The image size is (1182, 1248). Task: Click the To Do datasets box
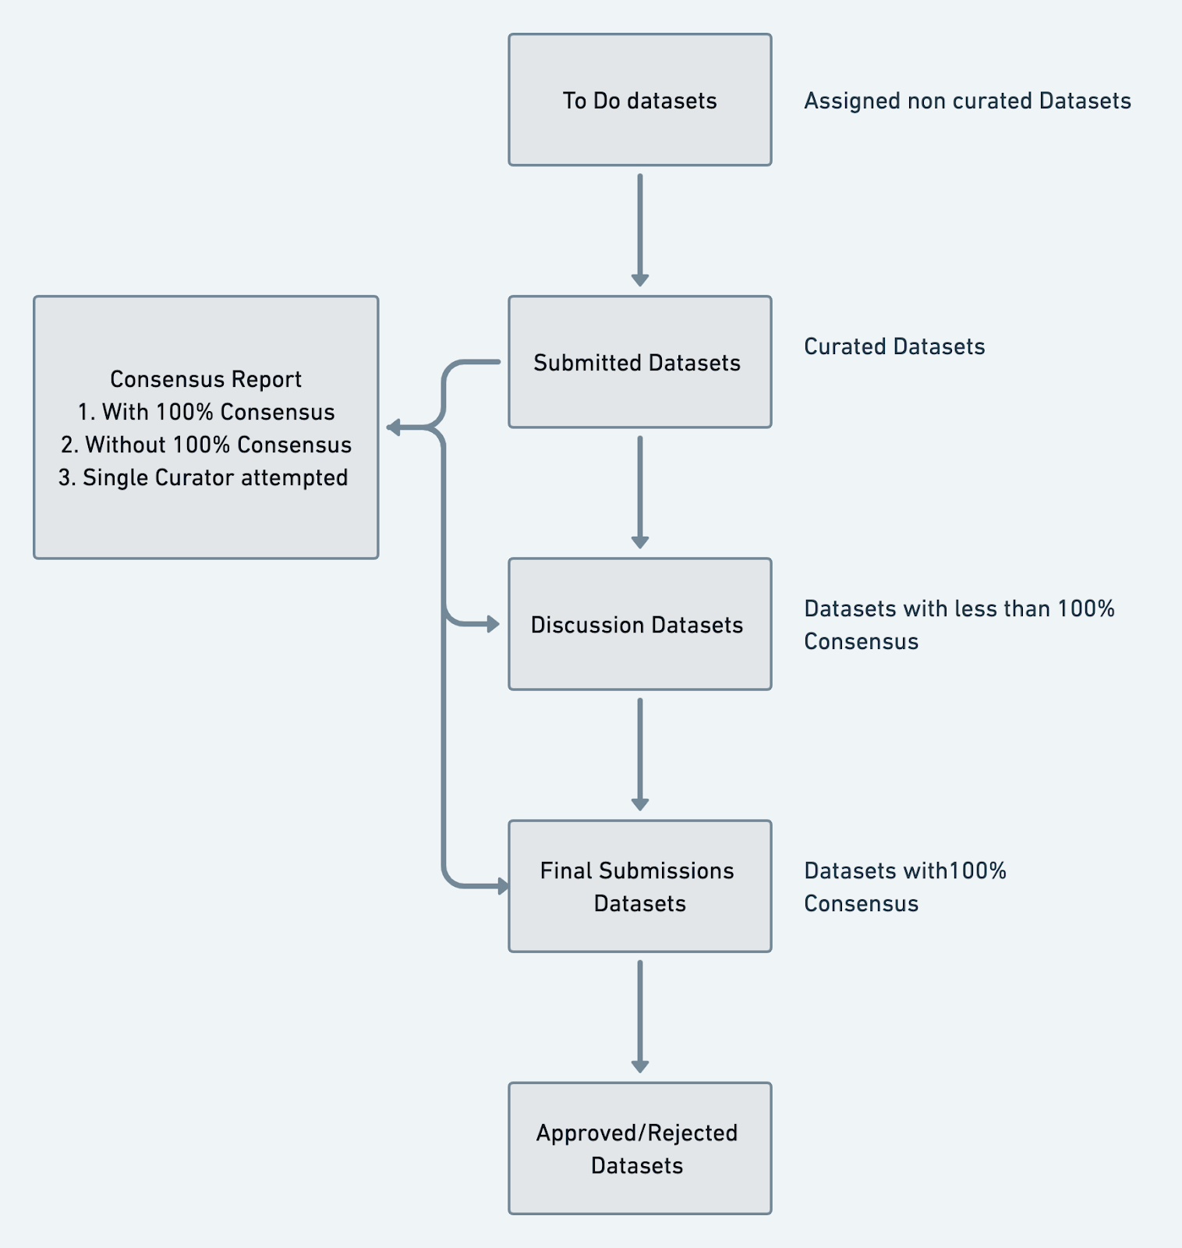coord(640,100)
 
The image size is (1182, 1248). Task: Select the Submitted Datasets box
coord(640,362)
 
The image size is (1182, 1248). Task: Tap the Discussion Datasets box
coord(640,624)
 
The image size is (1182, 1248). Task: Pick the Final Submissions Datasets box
coord(640,886)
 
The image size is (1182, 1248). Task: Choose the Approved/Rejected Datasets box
coord(640,1148)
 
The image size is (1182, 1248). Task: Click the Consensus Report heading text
coord(206,379)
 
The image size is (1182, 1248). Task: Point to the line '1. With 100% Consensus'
coord(206,412)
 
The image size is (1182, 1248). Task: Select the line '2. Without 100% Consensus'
coord(206,445)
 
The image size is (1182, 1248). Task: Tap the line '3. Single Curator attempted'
coord(203,477)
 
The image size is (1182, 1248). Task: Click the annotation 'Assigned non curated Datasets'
coord(968,101)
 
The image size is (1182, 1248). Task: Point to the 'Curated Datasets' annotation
coord(894,346)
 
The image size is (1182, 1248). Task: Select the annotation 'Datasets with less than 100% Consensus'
coord(959,625)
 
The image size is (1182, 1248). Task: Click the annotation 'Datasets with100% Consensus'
coord(905,887)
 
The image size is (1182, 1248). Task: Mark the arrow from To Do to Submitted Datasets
coord(640,230)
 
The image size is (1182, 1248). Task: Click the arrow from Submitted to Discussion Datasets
coord(640,492)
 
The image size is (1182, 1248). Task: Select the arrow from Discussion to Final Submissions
coord(640,754)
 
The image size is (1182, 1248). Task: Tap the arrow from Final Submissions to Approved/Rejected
coord(640,1016)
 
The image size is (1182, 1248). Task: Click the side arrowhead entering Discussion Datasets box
coord(493,624)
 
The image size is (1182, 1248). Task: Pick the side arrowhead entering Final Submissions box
coord(503,886)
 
